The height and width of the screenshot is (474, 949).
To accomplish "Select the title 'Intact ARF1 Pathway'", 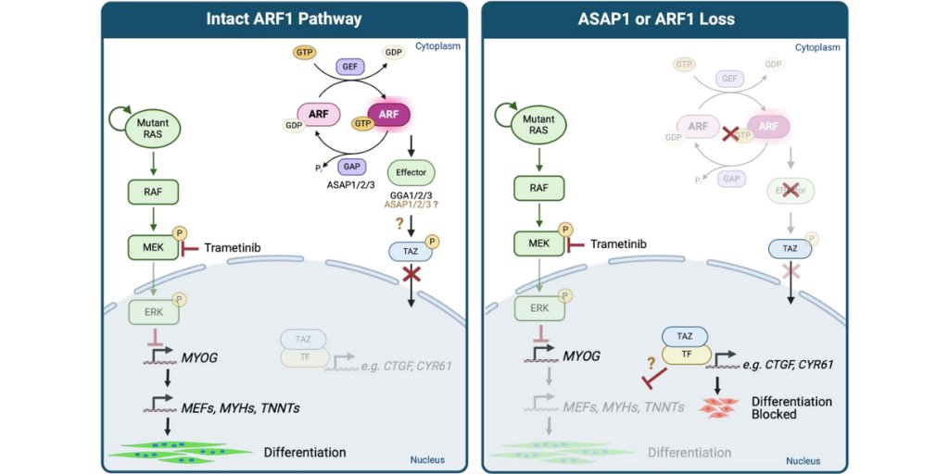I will tap(284, 19).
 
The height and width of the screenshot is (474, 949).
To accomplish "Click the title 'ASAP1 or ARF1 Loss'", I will tap(664, 19).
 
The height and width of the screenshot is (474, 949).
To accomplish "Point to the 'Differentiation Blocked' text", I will tap(791, 407).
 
